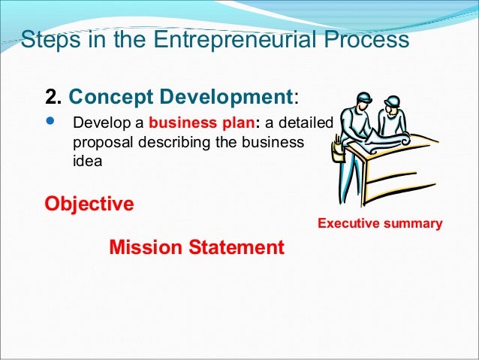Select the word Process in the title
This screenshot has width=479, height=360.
pyautogui.click(x=365, y=38)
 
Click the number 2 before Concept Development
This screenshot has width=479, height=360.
pyautogui.click(x=52, y=97)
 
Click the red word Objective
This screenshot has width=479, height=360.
pyautogui.click(x=89, y=204)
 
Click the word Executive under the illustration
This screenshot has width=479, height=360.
pyautogui.click(x=348, y=224)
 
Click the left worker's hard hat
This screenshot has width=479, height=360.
pyautogui.click(x=363, y=98)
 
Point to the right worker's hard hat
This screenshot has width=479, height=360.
pyautogui.click(x=393, y=100)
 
